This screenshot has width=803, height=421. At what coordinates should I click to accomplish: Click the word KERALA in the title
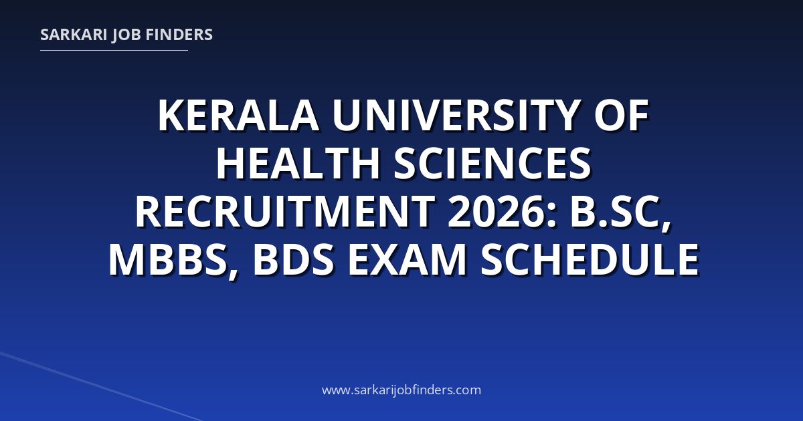click(x=238, y=116)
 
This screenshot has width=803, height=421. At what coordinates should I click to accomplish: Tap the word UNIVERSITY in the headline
click(x=455, y=116)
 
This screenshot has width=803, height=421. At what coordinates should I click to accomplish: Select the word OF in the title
click(x=621, y=116)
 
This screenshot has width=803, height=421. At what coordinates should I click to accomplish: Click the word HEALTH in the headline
click(x=298, y=164)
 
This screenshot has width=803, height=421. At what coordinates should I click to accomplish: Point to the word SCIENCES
click(x=493, y=164)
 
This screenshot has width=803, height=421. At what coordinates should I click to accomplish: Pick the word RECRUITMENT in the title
click(x=285, y=212)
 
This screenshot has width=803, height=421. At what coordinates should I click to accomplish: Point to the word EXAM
click(x=408, y=259)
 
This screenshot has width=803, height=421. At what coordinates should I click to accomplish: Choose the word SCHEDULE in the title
click(x=590, y=259)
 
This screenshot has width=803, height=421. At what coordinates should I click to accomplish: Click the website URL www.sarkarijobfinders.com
click(x=401, y=390)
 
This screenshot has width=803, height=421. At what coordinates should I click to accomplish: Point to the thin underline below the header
click(x=114, y=51)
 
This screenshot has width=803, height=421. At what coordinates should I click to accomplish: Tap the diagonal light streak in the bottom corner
click(x=100, y=387)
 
